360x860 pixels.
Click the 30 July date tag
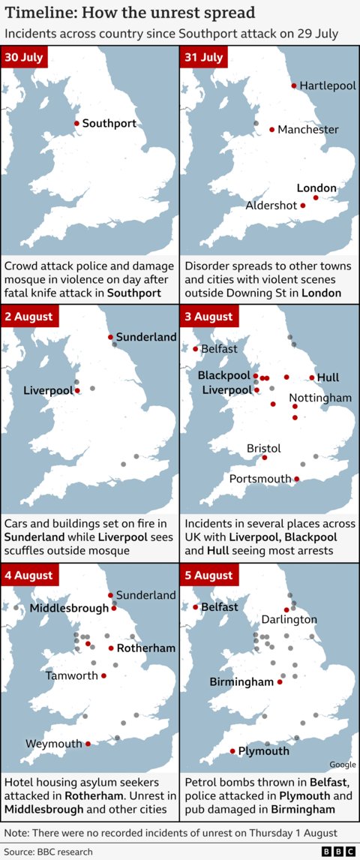23,58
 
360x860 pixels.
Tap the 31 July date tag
203,58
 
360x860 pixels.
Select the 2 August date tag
29,317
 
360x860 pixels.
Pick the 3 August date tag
209,317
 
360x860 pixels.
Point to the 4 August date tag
29,576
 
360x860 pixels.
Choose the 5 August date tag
209,576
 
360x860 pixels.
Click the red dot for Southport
76,123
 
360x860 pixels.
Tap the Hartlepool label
328,86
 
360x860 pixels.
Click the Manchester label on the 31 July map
307,130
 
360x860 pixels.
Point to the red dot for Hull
312,377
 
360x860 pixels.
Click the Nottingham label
320,397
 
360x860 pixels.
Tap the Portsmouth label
260,479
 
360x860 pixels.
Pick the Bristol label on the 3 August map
264,448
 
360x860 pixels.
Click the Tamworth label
72,675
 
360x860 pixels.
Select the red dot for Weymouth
88,744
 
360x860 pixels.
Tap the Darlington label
289,620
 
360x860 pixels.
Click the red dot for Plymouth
232,751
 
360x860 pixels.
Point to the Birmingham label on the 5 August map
241,682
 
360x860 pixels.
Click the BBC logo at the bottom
338,852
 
